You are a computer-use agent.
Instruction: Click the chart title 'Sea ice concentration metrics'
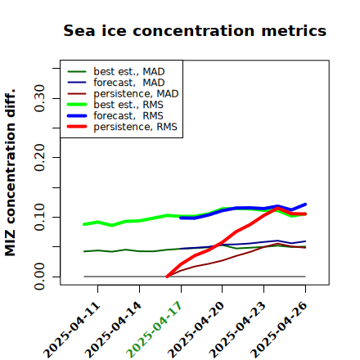(195, 31)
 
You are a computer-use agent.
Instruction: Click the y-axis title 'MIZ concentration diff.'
(10, 173)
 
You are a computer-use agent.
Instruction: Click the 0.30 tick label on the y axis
(40, 98)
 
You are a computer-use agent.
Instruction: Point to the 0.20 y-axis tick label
(40, 157)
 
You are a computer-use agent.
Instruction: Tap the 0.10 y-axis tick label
(40, 217)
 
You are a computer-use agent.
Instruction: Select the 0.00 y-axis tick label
(40, 277)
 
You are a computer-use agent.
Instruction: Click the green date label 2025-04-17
(154, 330)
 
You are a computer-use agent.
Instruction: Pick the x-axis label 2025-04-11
(72, 330)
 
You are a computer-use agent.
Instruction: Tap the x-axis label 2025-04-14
(113, 330)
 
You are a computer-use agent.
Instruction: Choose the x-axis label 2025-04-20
(196, 330)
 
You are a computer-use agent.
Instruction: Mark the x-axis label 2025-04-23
(237, 330)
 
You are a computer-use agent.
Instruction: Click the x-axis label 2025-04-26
(279, 330)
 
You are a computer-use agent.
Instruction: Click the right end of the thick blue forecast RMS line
(305, 205)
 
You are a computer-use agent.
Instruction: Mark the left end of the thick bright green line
(84, 224)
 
